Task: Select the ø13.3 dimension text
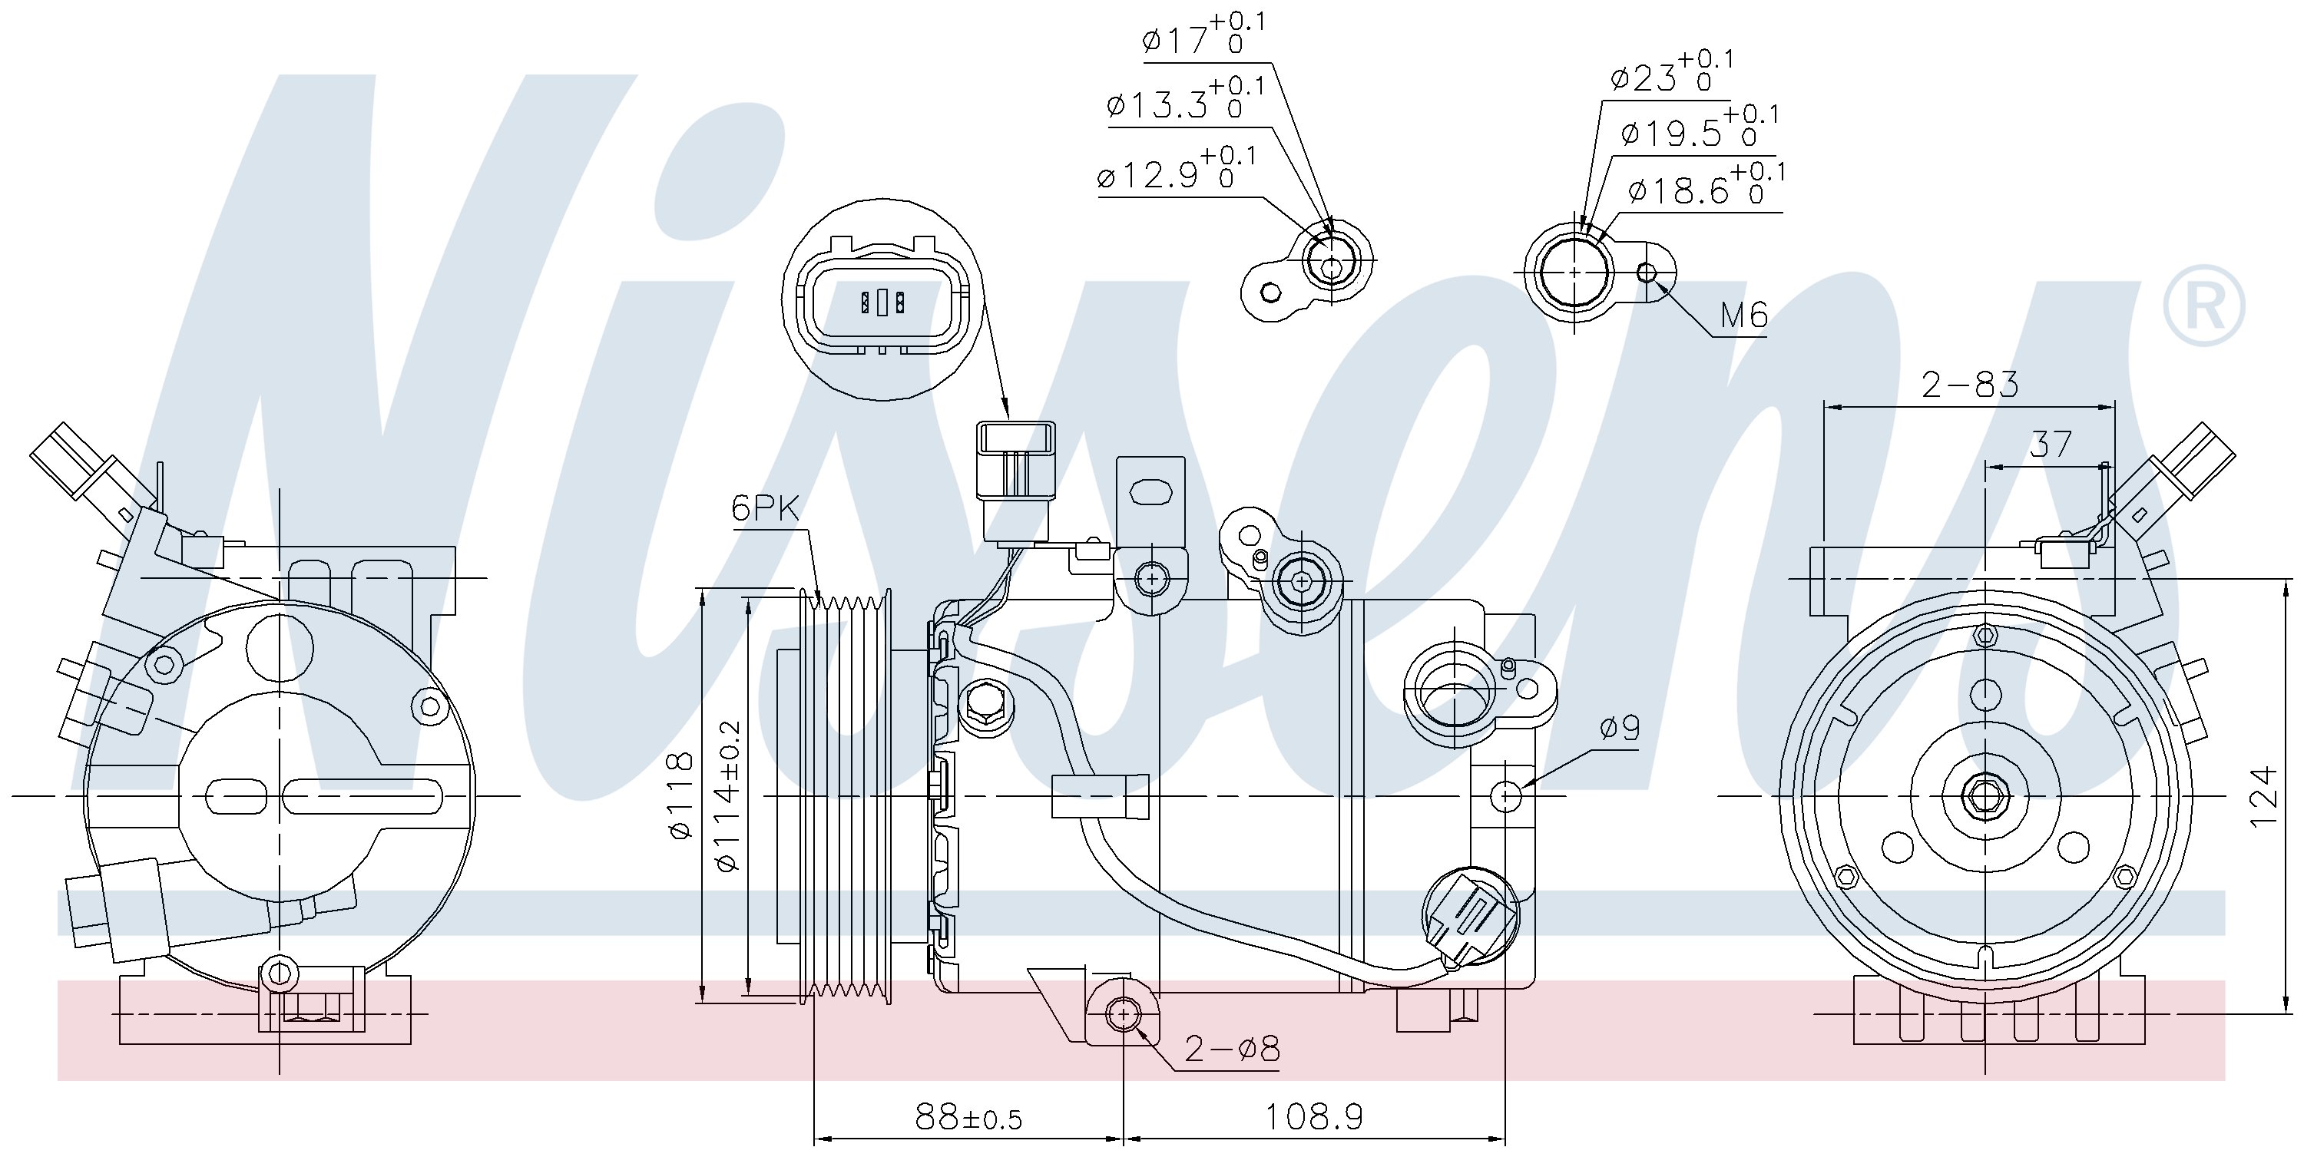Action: click(x=1186, y=99)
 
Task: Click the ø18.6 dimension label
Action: click(x=1706, y=185)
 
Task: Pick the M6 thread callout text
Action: click(x=1744, y=315)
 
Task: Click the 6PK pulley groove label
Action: click(x=765, y=509)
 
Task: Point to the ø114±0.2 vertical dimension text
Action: click(x=728, y=795)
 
